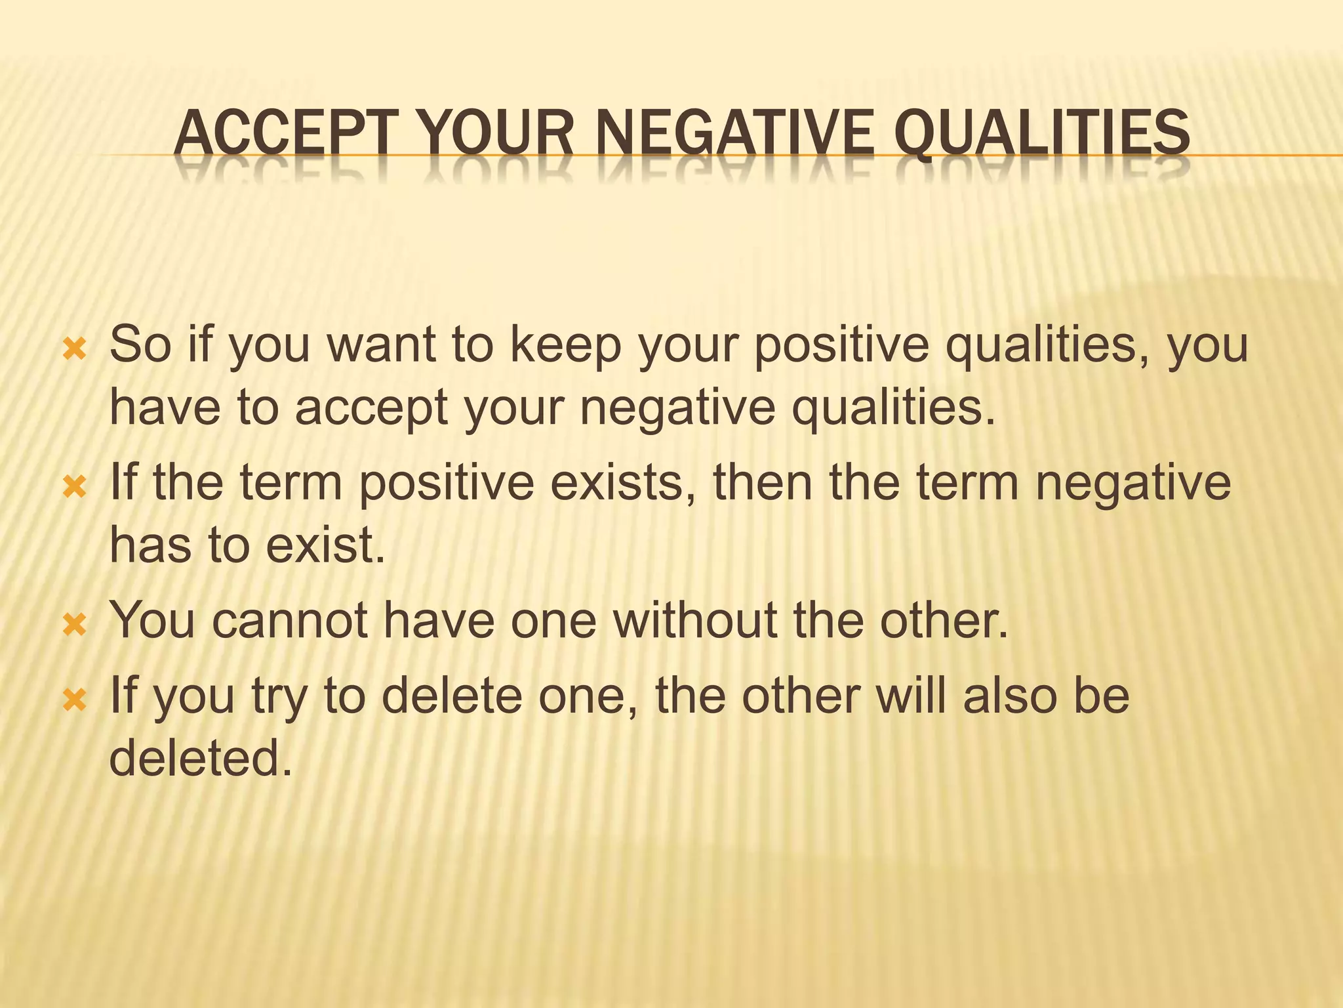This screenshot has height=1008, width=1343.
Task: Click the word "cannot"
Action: coord(290,620)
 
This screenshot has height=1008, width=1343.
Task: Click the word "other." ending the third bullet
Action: coord(943,620)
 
